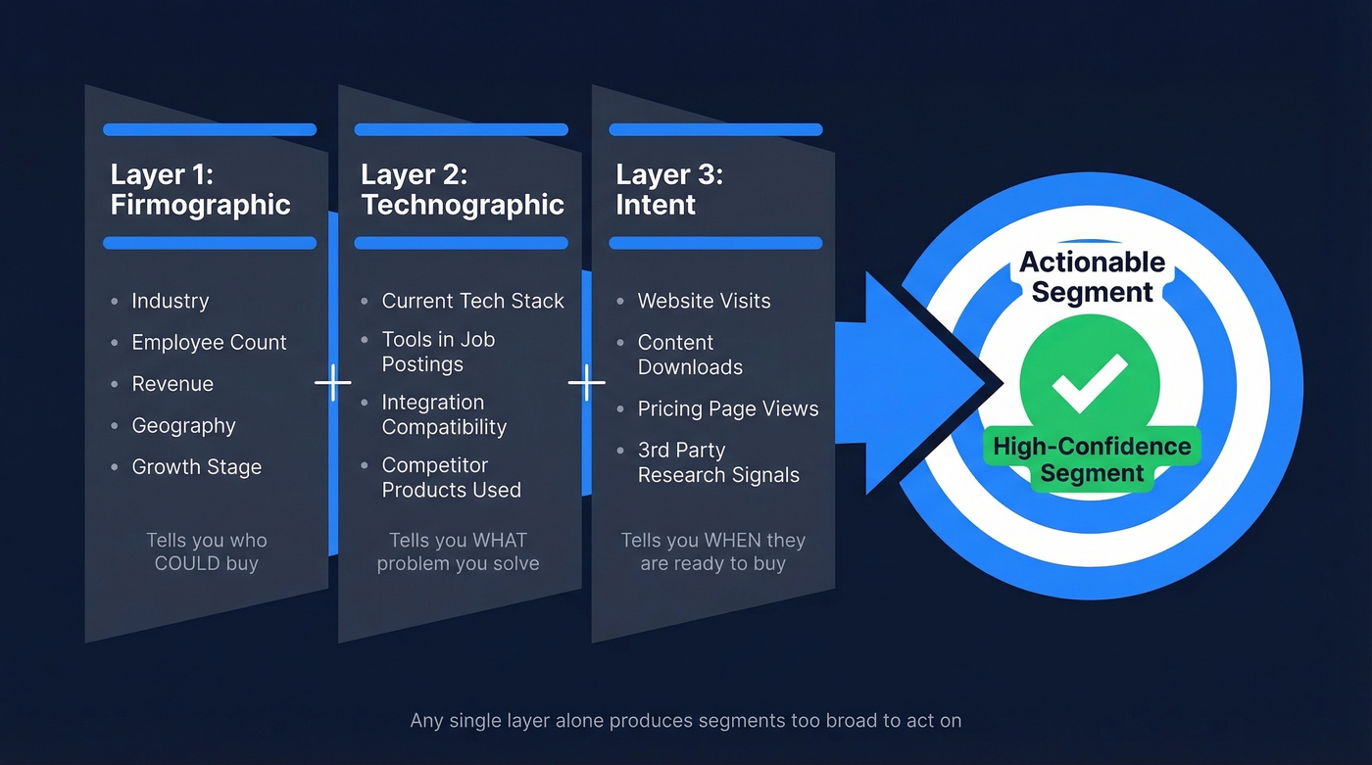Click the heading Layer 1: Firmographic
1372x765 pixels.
200,190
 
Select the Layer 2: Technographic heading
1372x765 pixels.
462,190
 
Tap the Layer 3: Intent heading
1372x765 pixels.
668,190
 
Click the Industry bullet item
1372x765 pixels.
170,301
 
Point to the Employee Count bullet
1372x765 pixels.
209,343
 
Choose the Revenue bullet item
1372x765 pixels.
172,384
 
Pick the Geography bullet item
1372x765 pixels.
183,426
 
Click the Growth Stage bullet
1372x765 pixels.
196,467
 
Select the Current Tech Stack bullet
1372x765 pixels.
472,301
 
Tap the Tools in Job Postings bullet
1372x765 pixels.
438,352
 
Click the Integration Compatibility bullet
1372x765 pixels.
444,414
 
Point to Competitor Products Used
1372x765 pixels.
451,477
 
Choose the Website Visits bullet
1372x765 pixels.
704,301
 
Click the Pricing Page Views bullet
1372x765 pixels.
727,409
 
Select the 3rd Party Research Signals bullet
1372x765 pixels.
717,462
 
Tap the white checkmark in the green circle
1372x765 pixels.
1090,382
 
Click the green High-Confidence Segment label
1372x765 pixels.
1092,459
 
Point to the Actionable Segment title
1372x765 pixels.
1092,277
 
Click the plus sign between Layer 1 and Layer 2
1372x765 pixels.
332,383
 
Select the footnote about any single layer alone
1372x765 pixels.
685,721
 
